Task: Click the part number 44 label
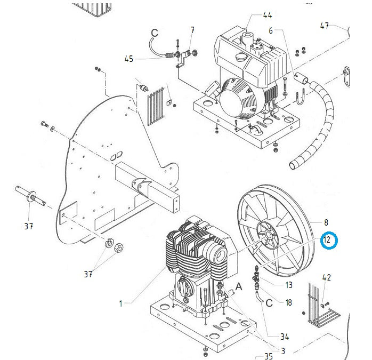click(268, 15)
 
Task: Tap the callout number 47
click(325, 26)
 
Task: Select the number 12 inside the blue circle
click(327, 240)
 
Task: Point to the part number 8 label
click(326, 222)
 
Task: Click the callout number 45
click(129, 59)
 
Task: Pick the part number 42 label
click(327, 277)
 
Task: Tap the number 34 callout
click(285, 337)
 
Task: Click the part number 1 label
click(120, 303)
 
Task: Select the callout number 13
click(288, 285)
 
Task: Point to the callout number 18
click(288, 302)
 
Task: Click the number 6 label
click(271, 30)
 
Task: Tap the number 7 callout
click(192, 30)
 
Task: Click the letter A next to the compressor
click(239, 286)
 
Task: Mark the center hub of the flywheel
click(268, 235)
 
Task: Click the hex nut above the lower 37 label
click(118, 248)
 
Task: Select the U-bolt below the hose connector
click(301, 96)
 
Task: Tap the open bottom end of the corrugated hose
click(293, 165)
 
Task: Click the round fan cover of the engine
click(241, 100)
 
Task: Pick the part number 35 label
click(269, 356)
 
